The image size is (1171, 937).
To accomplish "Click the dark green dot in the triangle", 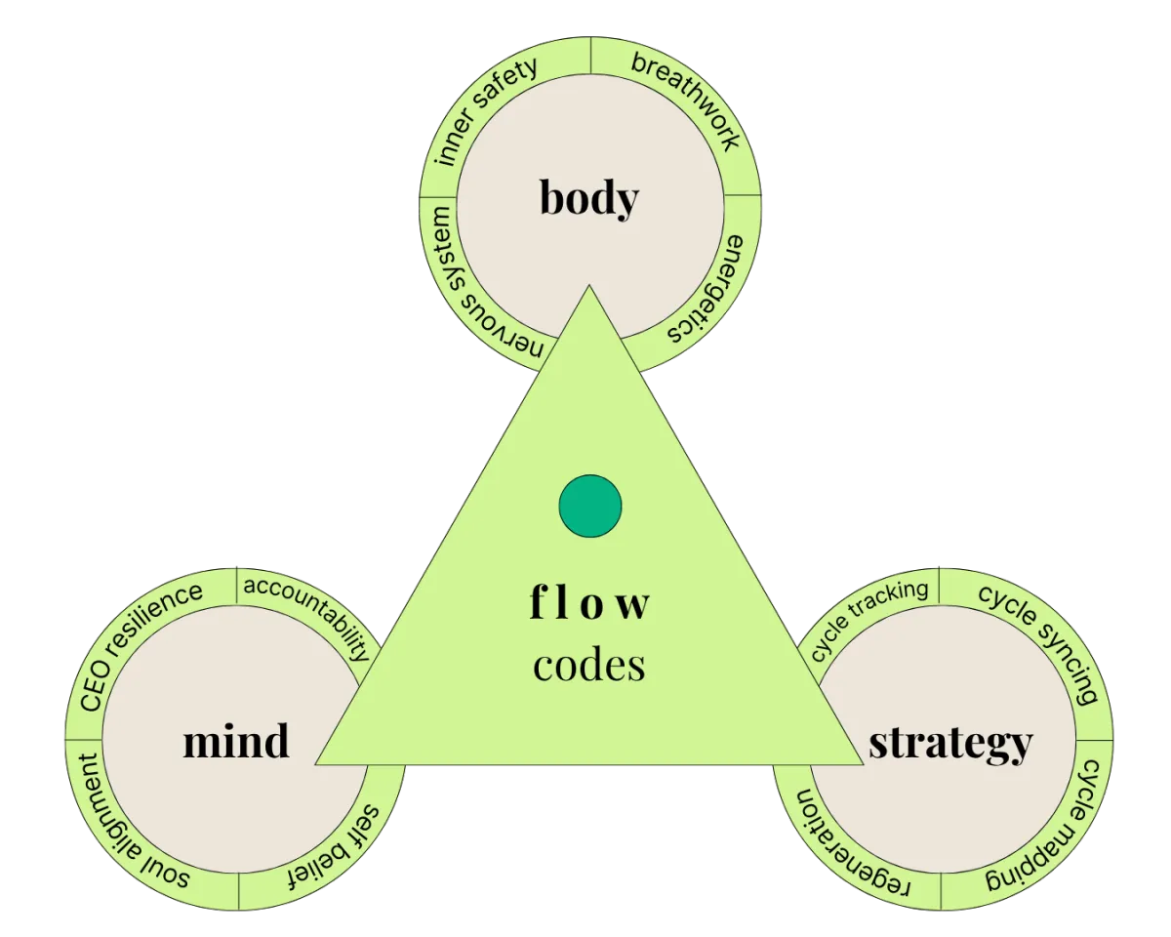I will pyautogui.click(x=590, y=506).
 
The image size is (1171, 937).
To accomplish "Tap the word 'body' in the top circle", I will pyautogui.click(x=589, y=198).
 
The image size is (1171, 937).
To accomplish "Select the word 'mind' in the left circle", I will pyautogui.click(x=236, y=741).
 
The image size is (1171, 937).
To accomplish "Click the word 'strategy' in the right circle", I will pyautogui.click(x=949, y=742).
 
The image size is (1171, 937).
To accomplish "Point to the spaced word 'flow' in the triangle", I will pyautogui.click(x=589, y=603).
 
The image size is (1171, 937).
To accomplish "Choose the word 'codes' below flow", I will pyautogui.click(x=589, y=665).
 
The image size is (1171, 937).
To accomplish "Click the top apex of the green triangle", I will pyautogui.click(x=589, y=288).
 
